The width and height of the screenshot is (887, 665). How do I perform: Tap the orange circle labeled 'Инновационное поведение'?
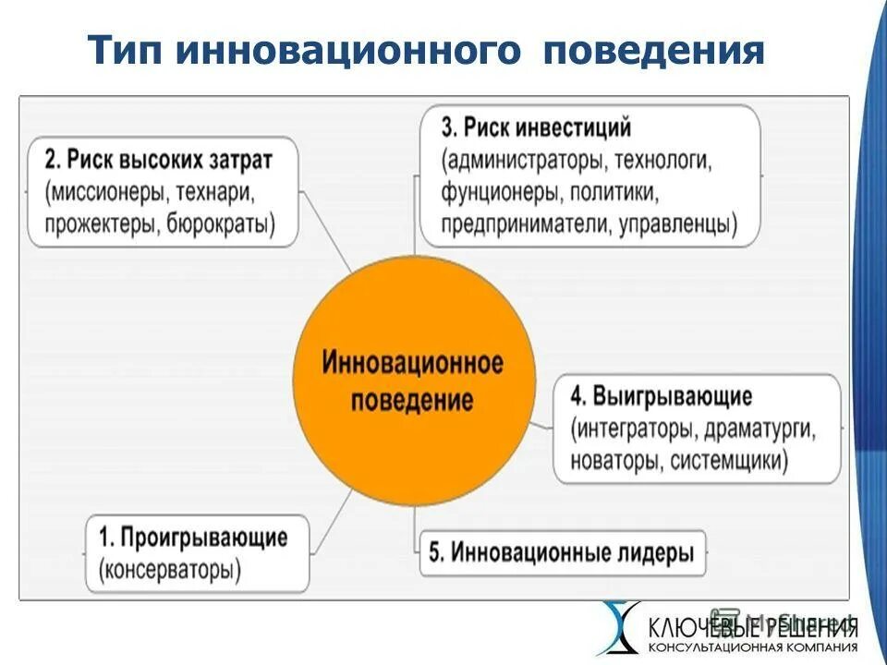(x=413, y=380)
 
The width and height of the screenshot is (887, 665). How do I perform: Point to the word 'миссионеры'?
(x=103, y=192)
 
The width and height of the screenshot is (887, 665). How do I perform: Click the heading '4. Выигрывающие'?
(x=661, y=397)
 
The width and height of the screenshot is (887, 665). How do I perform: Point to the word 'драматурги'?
(x=760, y=429)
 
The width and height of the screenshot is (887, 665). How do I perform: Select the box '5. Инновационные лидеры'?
(x=562, y=553)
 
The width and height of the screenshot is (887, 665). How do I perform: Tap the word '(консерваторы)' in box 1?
(x=169, y=570)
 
